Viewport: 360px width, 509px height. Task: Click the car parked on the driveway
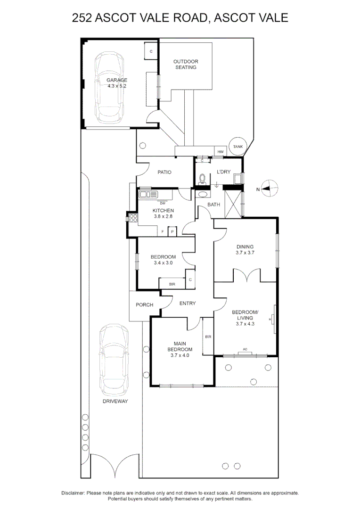click(114, 359)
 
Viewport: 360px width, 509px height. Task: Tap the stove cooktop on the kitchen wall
click(132, 218)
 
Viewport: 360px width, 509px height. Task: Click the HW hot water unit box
click(220, 152)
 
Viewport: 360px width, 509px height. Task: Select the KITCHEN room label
click(163, 210)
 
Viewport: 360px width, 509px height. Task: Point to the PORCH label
click(144, 305)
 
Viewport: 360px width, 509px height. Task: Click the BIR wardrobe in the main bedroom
click(208, 337)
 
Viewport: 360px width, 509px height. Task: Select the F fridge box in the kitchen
click(163, 232)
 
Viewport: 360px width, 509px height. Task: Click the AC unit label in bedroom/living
click(245, 349)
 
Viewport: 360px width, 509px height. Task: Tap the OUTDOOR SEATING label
click(186, 64)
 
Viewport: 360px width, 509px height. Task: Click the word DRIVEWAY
click(115, 401)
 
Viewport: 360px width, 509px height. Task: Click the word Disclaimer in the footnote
click(73, 493)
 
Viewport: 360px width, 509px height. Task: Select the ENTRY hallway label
click(188, 303)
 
